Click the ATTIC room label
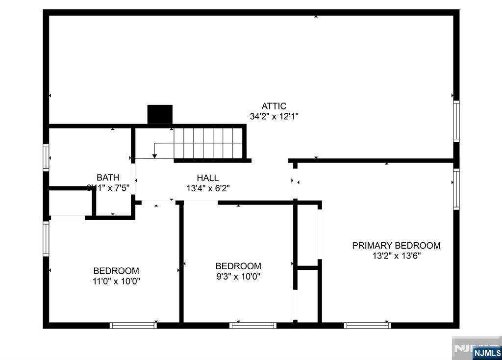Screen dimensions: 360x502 274,106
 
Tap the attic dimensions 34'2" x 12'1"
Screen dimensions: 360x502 274,117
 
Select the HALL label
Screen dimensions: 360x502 208,178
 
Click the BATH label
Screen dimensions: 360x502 108,177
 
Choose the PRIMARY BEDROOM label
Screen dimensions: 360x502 396,245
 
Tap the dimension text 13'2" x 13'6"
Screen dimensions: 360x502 396,256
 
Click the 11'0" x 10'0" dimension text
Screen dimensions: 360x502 116,282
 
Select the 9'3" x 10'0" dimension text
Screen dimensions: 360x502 238,277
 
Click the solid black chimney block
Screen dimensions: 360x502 160,114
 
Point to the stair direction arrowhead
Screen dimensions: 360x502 154,156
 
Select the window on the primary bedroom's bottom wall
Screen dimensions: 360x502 368,325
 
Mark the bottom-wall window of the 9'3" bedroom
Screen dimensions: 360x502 253,325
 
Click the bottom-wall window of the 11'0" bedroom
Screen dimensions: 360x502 133,325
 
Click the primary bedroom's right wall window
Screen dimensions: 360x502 456,189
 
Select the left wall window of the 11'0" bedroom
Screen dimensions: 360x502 46,238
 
